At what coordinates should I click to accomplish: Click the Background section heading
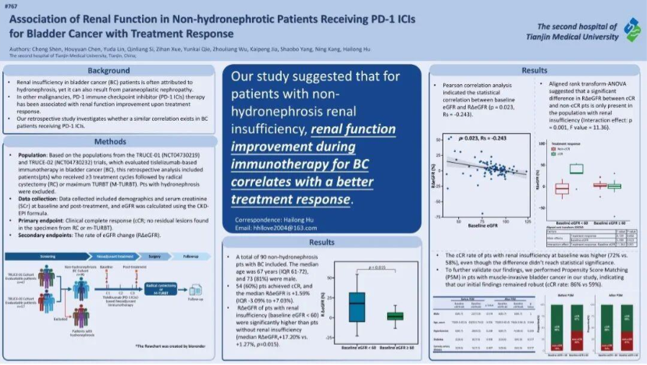coord(108,71)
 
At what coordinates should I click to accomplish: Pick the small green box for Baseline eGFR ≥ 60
coord(395,315)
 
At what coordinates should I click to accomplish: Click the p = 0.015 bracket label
coord(376,268)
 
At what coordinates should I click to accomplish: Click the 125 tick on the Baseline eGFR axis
coord(528,221)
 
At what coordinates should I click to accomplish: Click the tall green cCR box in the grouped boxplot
coord(576,168)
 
